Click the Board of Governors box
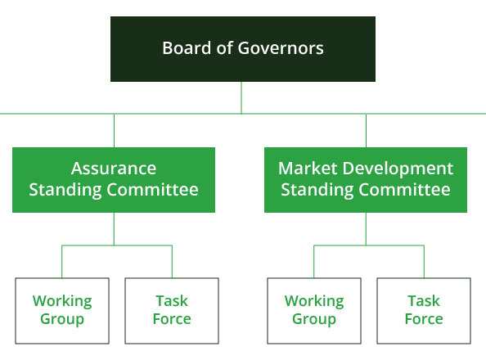243,49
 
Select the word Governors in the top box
281,48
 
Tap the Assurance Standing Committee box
114,180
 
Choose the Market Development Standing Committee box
366,180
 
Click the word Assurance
114,169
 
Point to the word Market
308,169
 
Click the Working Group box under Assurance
62,311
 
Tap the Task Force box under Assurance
172,311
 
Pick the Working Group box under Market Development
314,311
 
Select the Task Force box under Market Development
424,311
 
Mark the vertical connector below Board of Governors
241,97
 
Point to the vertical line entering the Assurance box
114,131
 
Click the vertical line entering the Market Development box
366,131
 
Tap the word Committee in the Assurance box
152,190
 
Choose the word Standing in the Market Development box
317,191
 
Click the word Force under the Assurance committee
172,319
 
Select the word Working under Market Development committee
314,302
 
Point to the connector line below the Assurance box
114,229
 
